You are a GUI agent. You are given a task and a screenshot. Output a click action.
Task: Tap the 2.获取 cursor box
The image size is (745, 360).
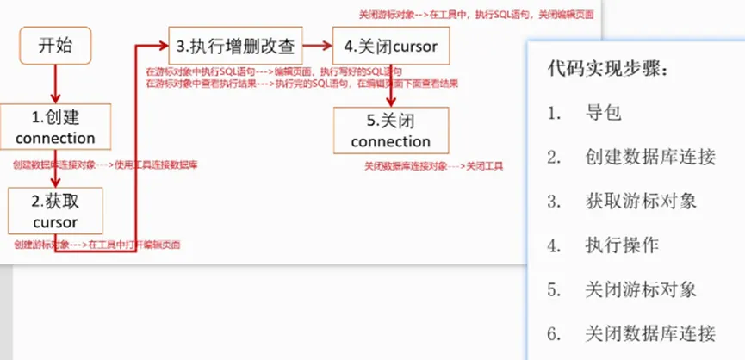tap(56, 212)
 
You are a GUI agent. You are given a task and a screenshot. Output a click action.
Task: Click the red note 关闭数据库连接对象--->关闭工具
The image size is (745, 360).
tap(433, 165)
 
